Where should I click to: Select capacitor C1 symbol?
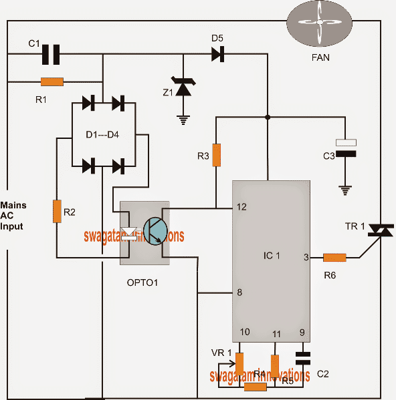[51, 55]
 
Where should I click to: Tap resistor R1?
[52, 82]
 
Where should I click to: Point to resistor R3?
[216, 153]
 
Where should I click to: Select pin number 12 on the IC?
[241, 207]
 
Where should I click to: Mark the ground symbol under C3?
[346, 190]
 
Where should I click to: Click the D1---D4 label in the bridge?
[103, 136]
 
